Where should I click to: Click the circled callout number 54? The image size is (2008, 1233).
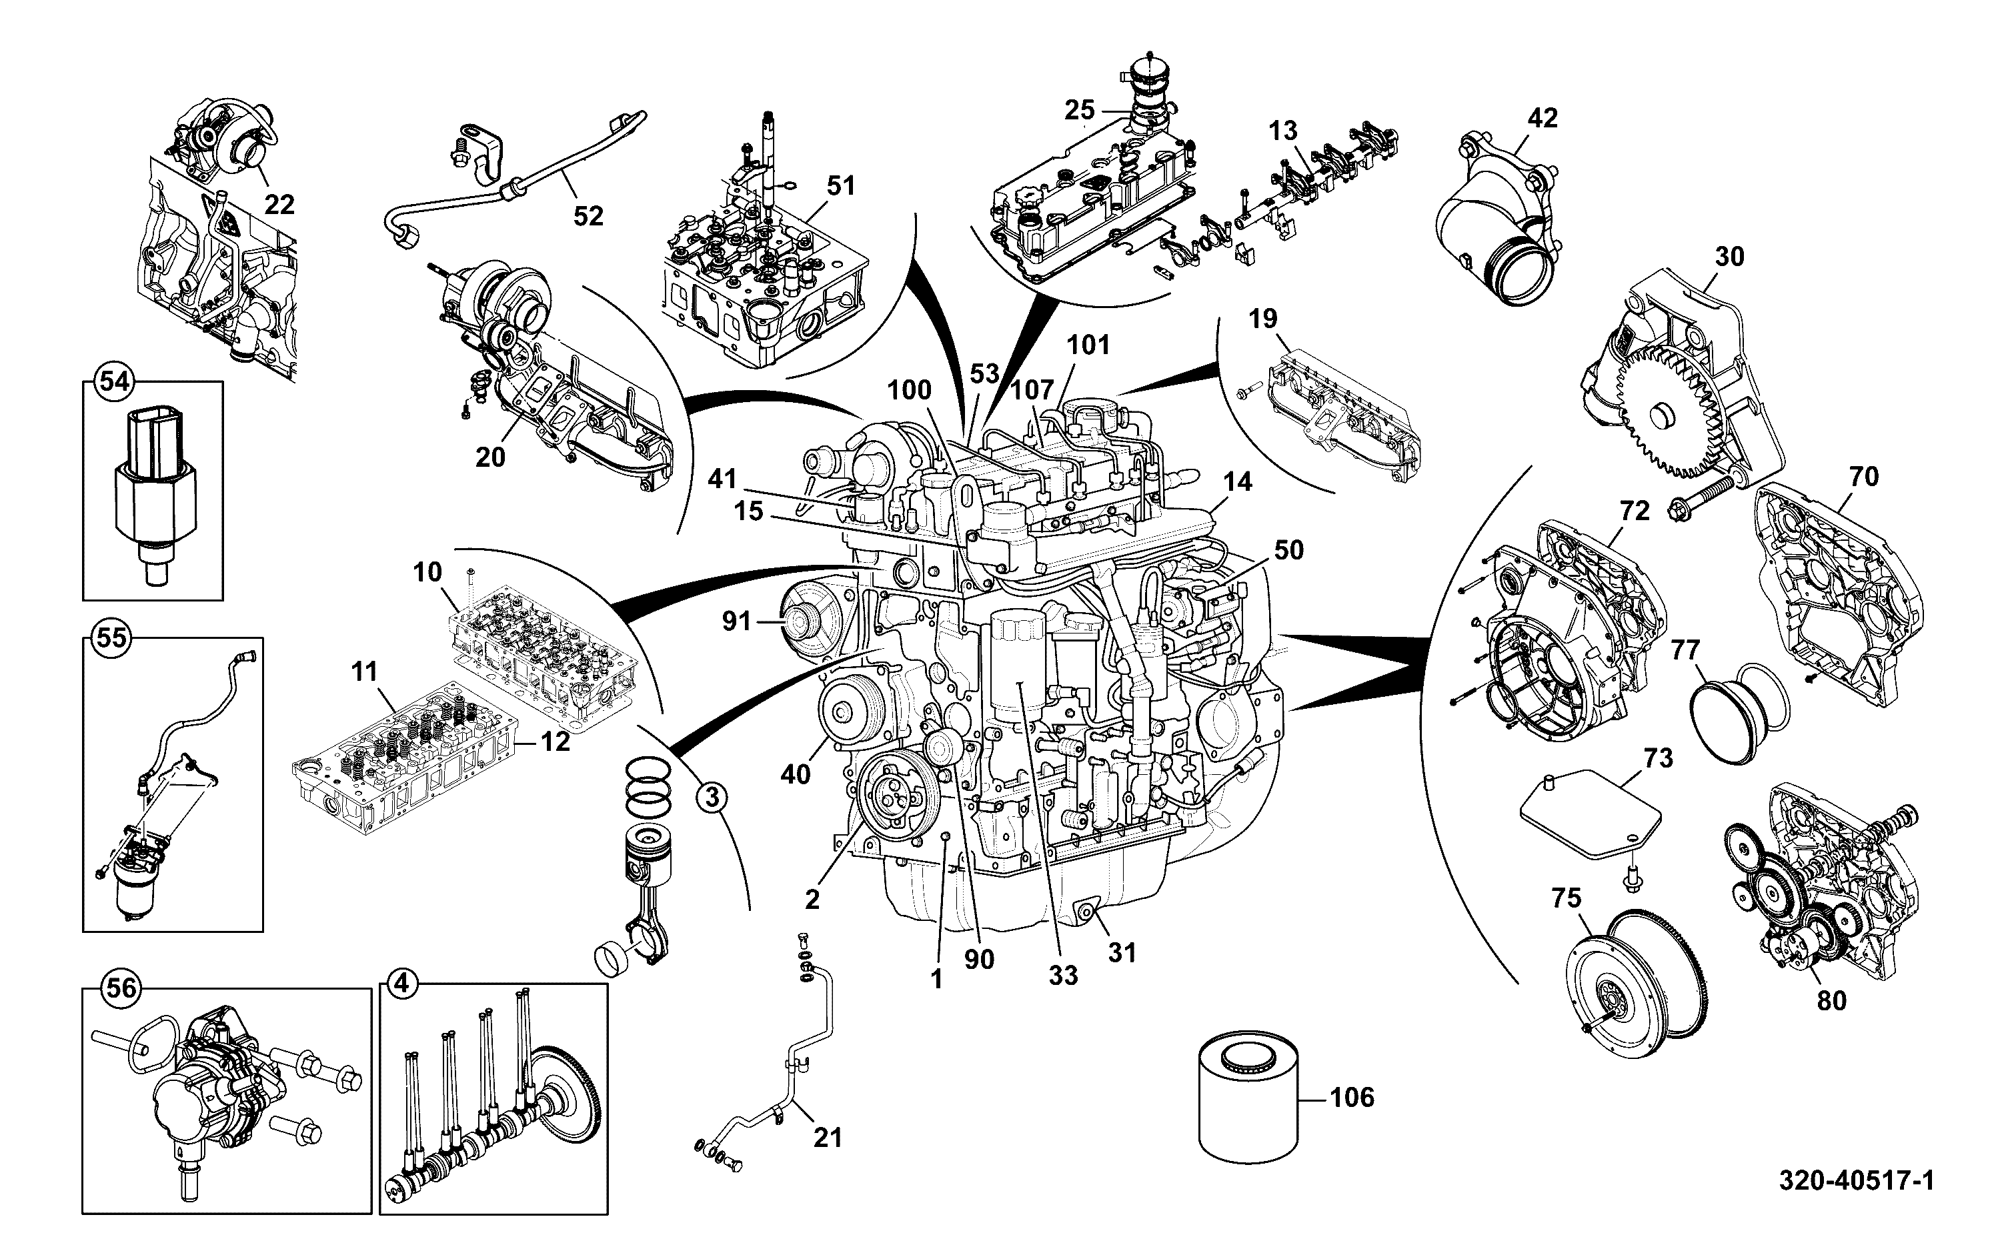coord(113,381)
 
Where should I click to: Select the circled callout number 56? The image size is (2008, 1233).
coord(121,988)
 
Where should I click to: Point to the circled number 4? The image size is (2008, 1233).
coord(400,984)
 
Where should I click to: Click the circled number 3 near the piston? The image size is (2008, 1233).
coord(712,796)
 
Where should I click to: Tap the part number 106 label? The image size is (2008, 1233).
coord(1352,1098)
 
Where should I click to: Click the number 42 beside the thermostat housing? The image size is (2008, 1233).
coord(1542,118)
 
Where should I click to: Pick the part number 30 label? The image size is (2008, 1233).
coord(1729,257)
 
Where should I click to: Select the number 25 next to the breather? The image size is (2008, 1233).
coord(1080,110)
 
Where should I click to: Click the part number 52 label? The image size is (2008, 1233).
coord(588,216)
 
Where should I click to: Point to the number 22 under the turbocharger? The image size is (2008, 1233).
coord(279,204)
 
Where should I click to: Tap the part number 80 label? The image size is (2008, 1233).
coord(1831,1002)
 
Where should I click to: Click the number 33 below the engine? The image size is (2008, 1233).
coord(1063,976)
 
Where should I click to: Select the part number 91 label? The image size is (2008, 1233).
coord(736,622)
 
